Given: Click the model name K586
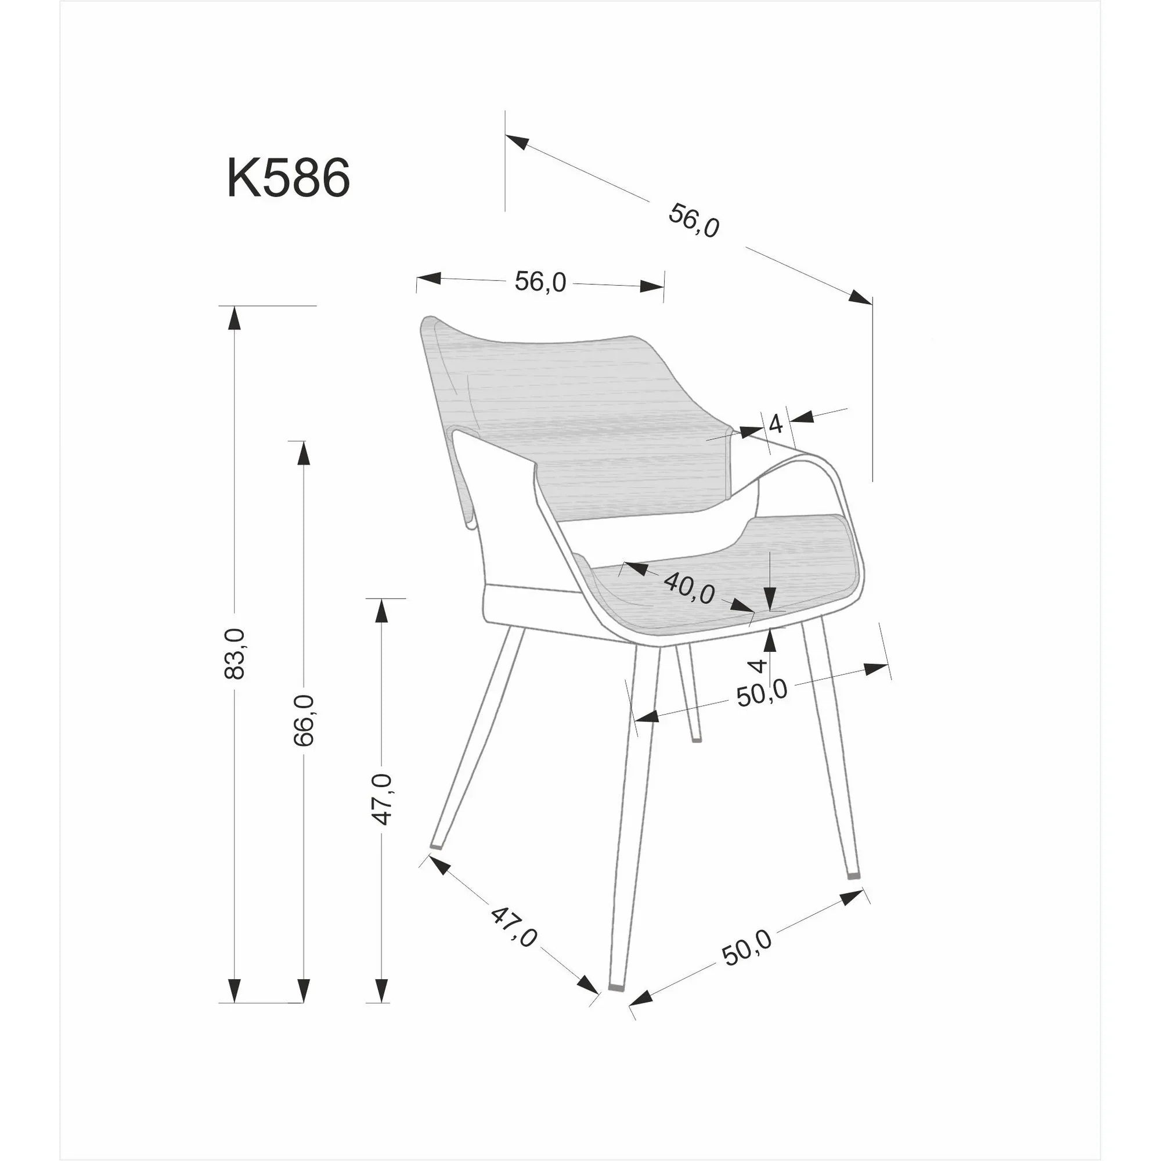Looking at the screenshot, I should (x=289, y=178).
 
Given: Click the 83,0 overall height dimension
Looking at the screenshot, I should (x=235, y=653).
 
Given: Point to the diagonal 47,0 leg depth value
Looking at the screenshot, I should (x=513, y=927).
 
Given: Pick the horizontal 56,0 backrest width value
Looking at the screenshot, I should (x=540, y=281).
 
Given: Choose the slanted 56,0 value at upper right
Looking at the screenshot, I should (x=694, y=221).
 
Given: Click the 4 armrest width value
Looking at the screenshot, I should (x=776, y=424).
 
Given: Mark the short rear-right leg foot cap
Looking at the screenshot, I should (x=696, y=740).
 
